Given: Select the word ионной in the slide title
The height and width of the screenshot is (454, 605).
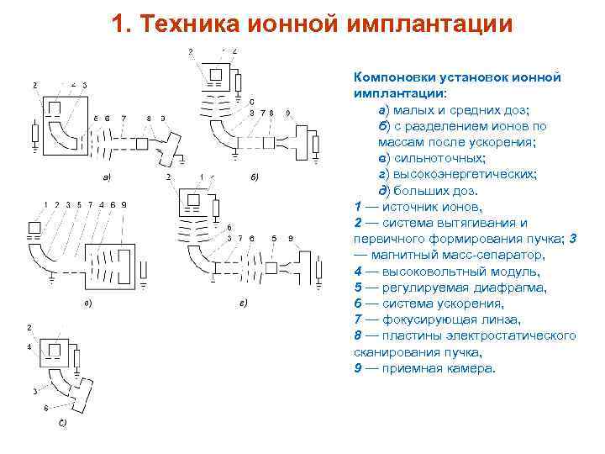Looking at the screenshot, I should (293, 24).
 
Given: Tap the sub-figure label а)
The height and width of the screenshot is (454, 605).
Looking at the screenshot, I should (107, 177).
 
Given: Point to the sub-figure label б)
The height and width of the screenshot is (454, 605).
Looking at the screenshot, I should (255, 177).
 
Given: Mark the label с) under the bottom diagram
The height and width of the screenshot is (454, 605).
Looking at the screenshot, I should (62, 423).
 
